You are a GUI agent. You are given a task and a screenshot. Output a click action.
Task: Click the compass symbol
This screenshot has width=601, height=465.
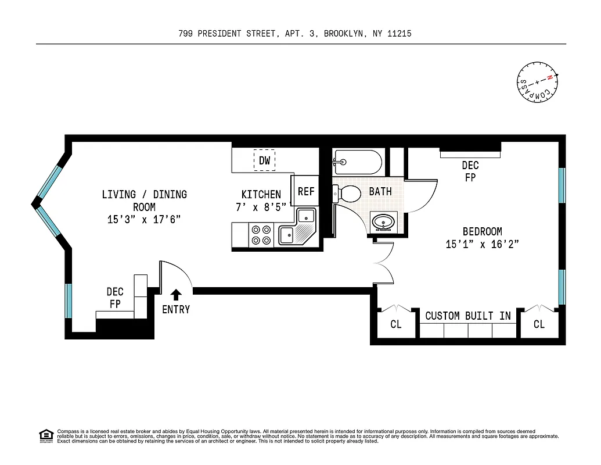point(538,83)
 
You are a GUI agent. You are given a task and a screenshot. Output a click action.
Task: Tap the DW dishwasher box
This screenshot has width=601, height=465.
point(264,160)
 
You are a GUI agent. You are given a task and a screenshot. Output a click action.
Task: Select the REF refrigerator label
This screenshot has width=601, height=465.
point(306,191)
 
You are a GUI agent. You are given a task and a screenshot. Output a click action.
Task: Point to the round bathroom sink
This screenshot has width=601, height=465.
point(383,222)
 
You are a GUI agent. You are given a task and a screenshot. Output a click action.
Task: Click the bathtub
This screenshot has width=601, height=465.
point(358,160)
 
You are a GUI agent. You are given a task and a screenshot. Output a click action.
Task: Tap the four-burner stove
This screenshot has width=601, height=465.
point(260,234)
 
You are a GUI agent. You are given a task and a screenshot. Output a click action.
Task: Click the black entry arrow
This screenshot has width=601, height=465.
point(176,295)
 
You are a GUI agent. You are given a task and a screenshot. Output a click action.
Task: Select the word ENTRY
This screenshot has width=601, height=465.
point(176,310)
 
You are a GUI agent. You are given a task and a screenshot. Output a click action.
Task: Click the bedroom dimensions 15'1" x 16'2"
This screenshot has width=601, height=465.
point(482,245)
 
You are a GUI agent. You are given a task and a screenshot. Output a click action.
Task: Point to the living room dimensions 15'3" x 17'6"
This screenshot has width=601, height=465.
point(145,219)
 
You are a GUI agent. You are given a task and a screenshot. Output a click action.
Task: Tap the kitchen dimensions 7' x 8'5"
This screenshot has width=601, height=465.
point(261,208)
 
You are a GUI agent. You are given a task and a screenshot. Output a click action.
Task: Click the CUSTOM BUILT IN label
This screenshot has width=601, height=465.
point(468,316)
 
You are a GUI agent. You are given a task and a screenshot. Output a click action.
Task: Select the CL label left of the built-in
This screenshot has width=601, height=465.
point(395,324)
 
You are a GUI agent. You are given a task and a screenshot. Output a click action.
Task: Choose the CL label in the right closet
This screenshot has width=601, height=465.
point(539,324)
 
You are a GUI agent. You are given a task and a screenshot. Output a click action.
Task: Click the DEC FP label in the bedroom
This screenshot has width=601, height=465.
point(470,172)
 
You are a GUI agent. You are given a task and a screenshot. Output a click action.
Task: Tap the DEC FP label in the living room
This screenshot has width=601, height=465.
point(115,297)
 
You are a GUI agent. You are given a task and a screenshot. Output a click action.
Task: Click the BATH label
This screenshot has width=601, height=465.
point(380,191)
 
